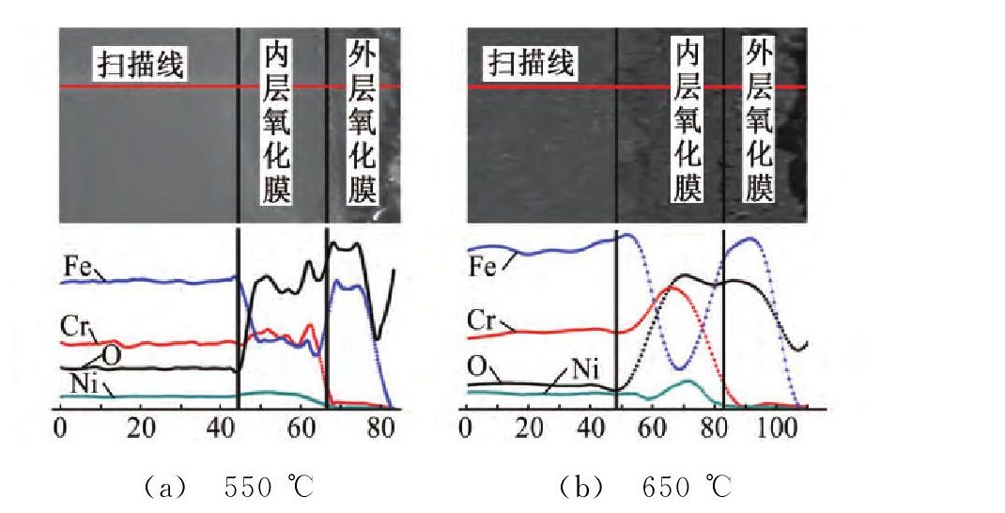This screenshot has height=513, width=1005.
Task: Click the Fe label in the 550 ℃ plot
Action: pos(76,266)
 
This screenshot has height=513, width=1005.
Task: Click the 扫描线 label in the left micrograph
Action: pos(139,66)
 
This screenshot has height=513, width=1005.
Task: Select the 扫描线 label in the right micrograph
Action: pos(529,66)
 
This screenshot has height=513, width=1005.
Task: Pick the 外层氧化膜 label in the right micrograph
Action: pos(759,120)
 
